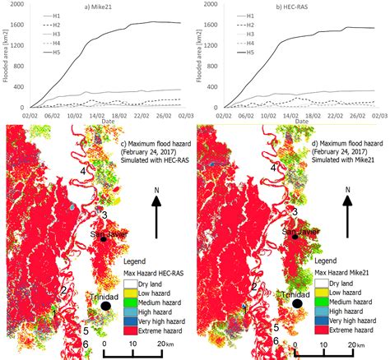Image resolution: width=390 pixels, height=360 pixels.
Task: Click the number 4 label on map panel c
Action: (84, 170)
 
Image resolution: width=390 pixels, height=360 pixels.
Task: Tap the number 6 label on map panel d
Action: (276, 340)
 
